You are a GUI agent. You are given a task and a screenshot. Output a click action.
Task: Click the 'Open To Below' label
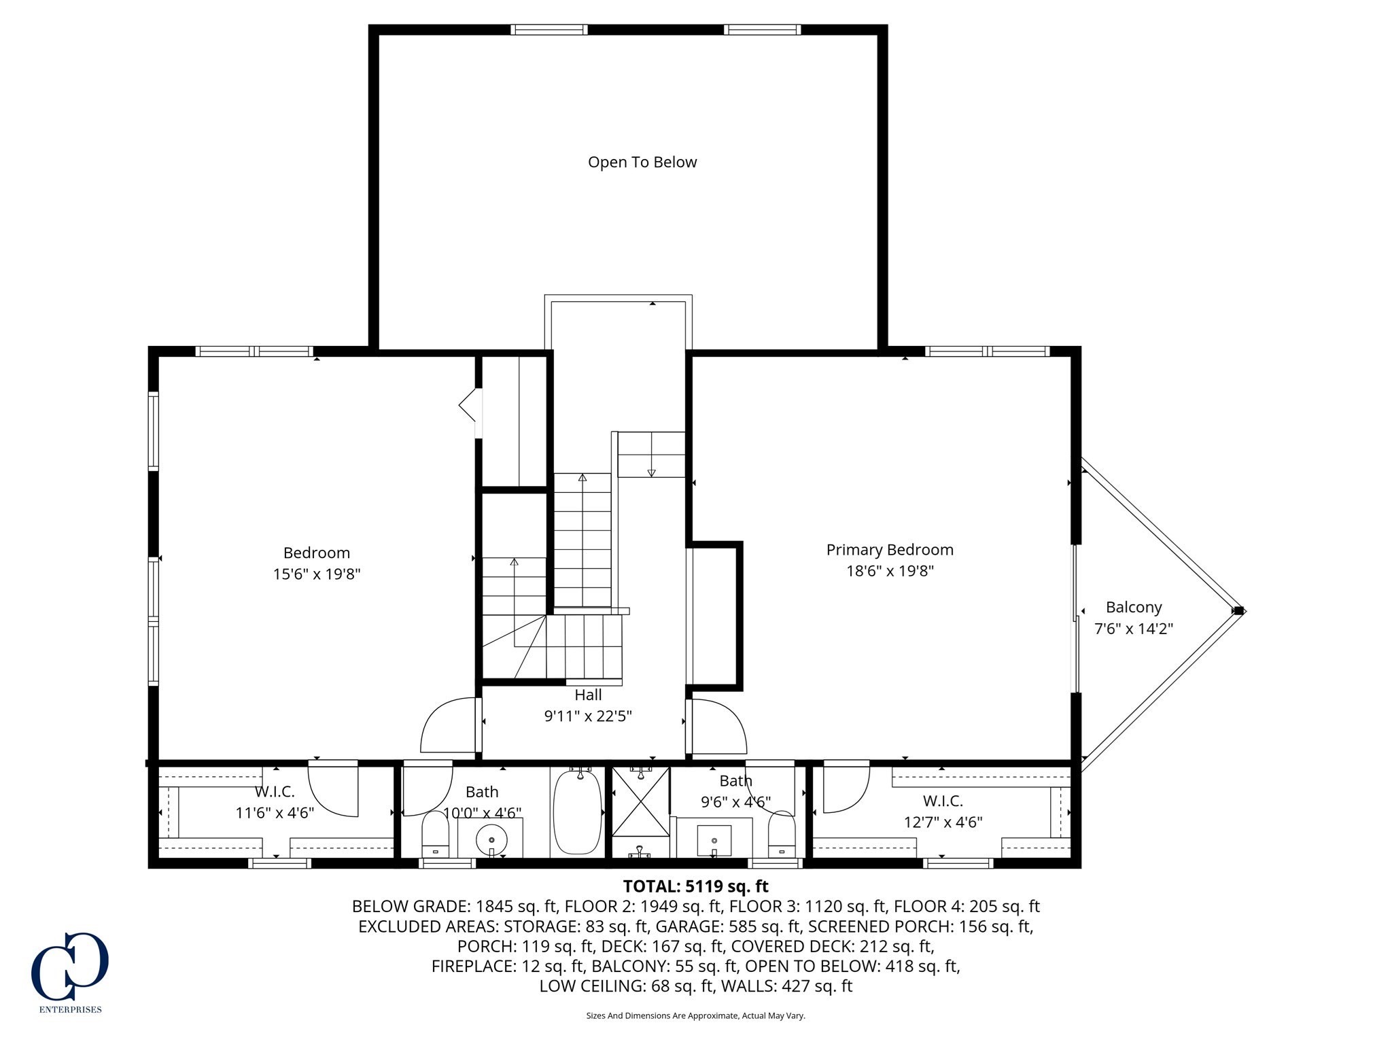(642, 162)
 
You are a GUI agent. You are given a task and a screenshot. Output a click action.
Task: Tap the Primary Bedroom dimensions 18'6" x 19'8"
(890, 571)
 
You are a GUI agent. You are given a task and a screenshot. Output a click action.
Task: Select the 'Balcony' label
(1133, 607)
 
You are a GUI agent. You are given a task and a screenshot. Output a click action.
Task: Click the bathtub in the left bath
(577, 813)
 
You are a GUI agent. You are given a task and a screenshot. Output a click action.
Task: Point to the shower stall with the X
(640, 803)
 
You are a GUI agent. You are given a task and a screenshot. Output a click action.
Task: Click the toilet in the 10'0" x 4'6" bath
(435, 835)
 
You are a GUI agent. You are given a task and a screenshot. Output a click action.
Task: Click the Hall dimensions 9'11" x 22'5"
(588, 716)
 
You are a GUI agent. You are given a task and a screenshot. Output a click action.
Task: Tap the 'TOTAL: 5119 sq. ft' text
(695, 886)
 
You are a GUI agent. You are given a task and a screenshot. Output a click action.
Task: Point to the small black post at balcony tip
(1238, 611)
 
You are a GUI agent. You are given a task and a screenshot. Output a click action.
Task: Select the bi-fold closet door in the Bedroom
(468, 406)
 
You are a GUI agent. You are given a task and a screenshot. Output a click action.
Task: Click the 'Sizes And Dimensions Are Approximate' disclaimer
(695, 1015)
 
